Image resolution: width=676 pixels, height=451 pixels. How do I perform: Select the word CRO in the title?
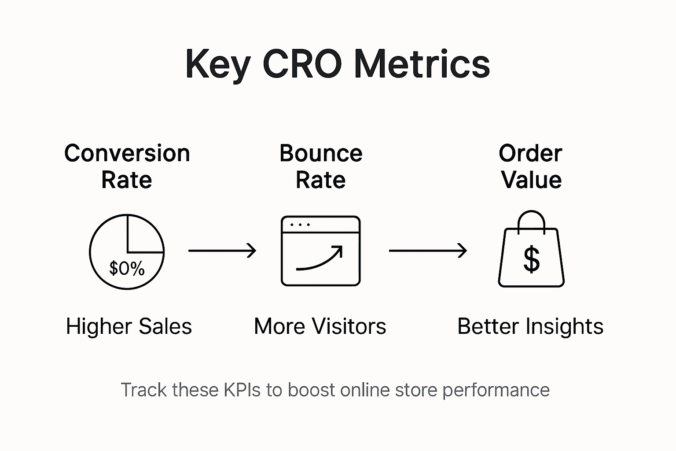pos(302,64)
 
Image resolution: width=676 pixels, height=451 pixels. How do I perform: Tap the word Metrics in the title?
pos(422,64)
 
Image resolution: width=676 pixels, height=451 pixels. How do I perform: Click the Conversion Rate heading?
pos(127,166)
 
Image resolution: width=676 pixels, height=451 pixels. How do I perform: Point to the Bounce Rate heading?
pos(321,166)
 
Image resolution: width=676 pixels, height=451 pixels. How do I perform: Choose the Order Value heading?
pos(531,166)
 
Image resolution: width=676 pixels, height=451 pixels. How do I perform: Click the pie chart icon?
pos(127,251)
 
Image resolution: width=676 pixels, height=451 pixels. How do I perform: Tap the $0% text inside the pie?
pos(127,268)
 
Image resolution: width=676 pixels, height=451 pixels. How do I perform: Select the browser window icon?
pos(320,251)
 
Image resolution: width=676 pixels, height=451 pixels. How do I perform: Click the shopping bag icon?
pos(531,255)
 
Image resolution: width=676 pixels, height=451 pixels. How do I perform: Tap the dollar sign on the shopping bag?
pos(531,259)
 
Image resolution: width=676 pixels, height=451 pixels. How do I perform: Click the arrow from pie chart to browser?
pos(222,251)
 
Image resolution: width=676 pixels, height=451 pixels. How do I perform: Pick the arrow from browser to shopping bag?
pos(428,251)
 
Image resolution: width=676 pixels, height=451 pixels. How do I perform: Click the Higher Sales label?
pos(129,327)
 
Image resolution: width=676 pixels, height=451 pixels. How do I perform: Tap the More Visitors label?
pos(320,327)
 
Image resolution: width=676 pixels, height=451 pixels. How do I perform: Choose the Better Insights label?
pos(530,327)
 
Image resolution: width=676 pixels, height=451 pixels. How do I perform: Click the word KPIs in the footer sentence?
pos(242,390)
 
